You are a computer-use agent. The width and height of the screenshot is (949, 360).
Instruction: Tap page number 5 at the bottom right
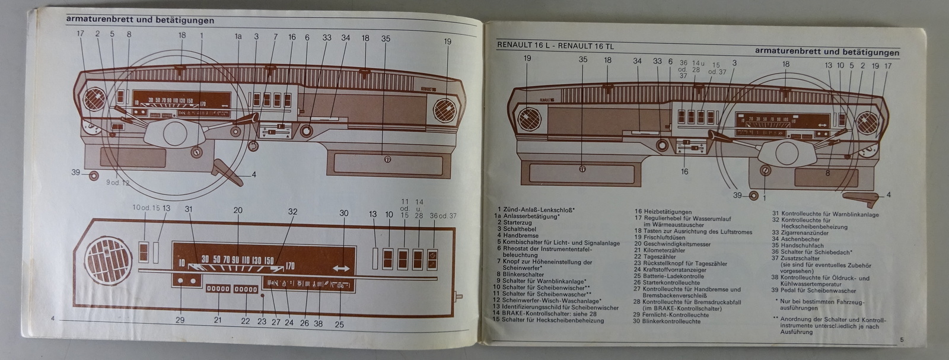[901, 340]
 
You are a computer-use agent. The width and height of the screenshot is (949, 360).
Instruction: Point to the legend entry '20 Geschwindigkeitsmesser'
[672, 244]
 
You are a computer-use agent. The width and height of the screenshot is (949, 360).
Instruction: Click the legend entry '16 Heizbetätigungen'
[663, 212]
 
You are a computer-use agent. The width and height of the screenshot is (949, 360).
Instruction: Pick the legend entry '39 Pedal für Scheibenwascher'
[818, 291]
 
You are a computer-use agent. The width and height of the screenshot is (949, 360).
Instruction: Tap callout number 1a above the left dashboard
[238, 37]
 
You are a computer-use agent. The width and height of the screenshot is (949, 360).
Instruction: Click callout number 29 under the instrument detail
[180, 320]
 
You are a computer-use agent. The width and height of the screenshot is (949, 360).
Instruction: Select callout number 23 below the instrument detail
[262, 321]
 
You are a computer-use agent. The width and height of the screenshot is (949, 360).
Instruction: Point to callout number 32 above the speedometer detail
[292, 211]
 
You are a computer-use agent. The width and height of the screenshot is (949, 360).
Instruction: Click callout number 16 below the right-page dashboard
[684, 171]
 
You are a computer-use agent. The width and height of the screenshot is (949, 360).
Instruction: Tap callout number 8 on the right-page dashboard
[827, 173]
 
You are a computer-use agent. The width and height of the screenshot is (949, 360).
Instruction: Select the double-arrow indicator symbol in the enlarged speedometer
[342, 268]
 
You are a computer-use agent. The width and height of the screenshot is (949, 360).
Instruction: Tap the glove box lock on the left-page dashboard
[387, 159]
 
